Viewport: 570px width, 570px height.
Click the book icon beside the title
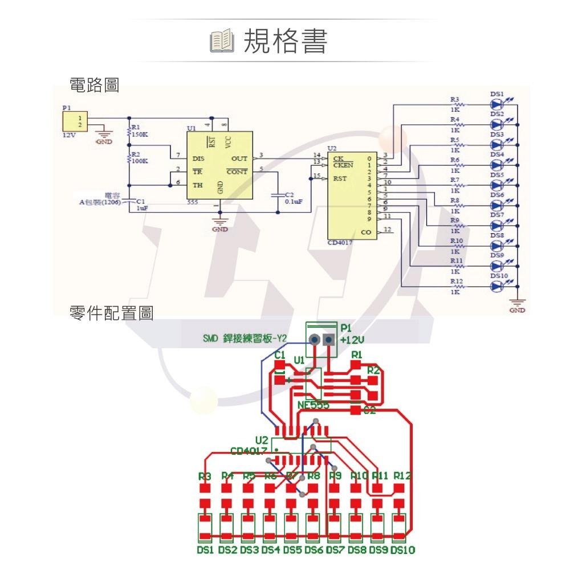tap(222, 42)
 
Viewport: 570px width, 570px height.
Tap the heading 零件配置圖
tap(111, 313)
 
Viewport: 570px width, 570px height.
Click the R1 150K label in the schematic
tap(139, 132)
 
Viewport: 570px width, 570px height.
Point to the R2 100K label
tap(139, 158)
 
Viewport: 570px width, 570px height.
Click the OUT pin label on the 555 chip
tap(240, 158)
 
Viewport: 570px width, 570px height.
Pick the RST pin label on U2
tap(340, 178)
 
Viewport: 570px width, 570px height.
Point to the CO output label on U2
tap(366, 232)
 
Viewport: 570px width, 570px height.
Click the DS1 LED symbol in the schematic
tap(498, 105)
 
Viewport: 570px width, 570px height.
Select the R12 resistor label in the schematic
tap(455, 282)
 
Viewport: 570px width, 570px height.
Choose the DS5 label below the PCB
tap(292, 550)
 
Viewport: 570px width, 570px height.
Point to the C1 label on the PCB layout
tap(279, 355)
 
